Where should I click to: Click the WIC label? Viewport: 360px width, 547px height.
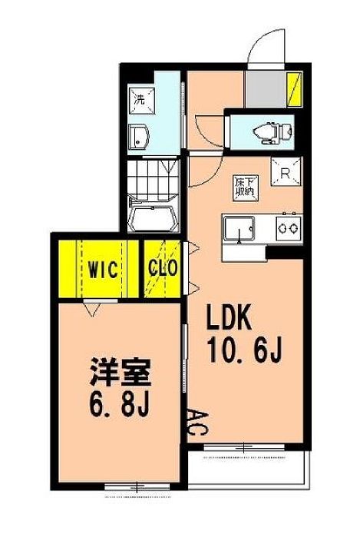coord(103,270)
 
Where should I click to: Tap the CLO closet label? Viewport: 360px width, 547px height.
coord(163,268)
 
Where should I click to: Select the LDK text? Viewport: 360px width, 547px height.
coord(229,317)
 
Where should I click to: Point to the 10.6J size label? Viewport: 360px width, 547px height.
coord(244,350)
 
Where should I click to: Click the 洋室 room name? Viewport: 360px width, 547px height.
coord(121,372)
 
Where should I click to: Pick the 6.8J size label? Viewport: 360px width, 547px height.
coord(120,404)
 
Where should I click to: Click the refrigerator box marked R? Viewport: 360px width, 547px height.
coord(286,171)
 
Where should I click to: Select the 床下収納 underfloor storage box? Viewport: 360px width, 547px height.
coord(246,188)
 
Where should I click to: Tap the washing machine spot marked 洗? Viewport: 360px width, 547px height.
coord(141,101)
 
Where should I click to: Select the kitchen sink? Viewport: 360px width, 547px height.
coord(239,229)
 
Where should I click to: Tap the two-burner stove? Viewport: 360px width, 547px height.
coord(289,228)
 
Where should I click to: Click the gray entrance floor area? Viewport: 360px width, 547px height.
coord(266,89)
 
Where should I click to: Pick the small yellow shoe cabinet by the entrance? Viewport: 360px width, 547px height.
coord(295,89)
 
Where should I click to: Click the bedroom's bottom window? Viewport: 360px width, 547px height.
coord(137,486)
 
